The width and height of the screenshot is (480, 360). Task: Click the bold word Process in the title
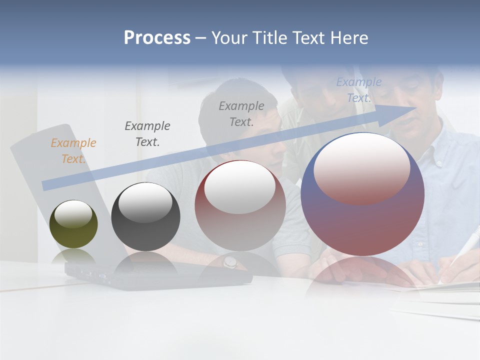pos(157,37)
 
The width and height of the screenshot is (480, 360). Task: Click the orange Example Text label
pos(73,150)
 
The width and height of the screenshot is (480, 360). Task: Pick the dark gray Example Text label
pos(147,133)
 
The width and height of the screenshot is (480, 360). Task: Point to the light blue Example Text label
pos(359,90)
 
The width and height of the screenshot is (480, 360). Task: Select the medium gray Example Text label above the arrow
pos(241,113)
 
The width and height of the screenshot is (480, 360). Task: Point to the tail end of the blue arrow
pos(46,185)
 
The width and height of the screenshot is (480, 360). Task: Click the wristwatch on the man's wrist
pos(230,261)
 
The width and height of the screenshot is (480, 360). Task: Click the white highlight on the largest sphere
pos(361,167)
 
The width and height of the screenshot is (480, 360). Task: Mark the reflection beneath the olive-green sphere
pos(73,256)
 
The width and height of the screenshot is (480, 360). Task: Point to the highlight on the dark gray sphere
pos(145,202)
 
